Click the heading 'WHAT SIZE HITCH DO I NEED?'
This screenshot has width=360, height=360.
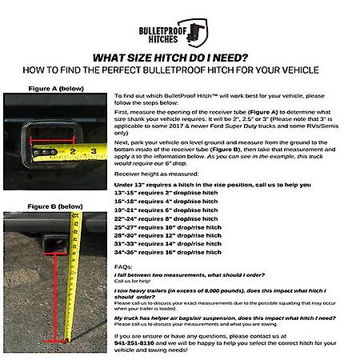(x=180, y=58)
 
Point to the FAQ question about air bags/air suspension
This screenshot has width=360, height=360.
(x=220, y=317)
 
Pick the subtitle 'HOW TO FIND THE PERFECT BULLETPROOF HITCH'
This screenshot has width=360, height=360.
(x=180, y=70)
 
